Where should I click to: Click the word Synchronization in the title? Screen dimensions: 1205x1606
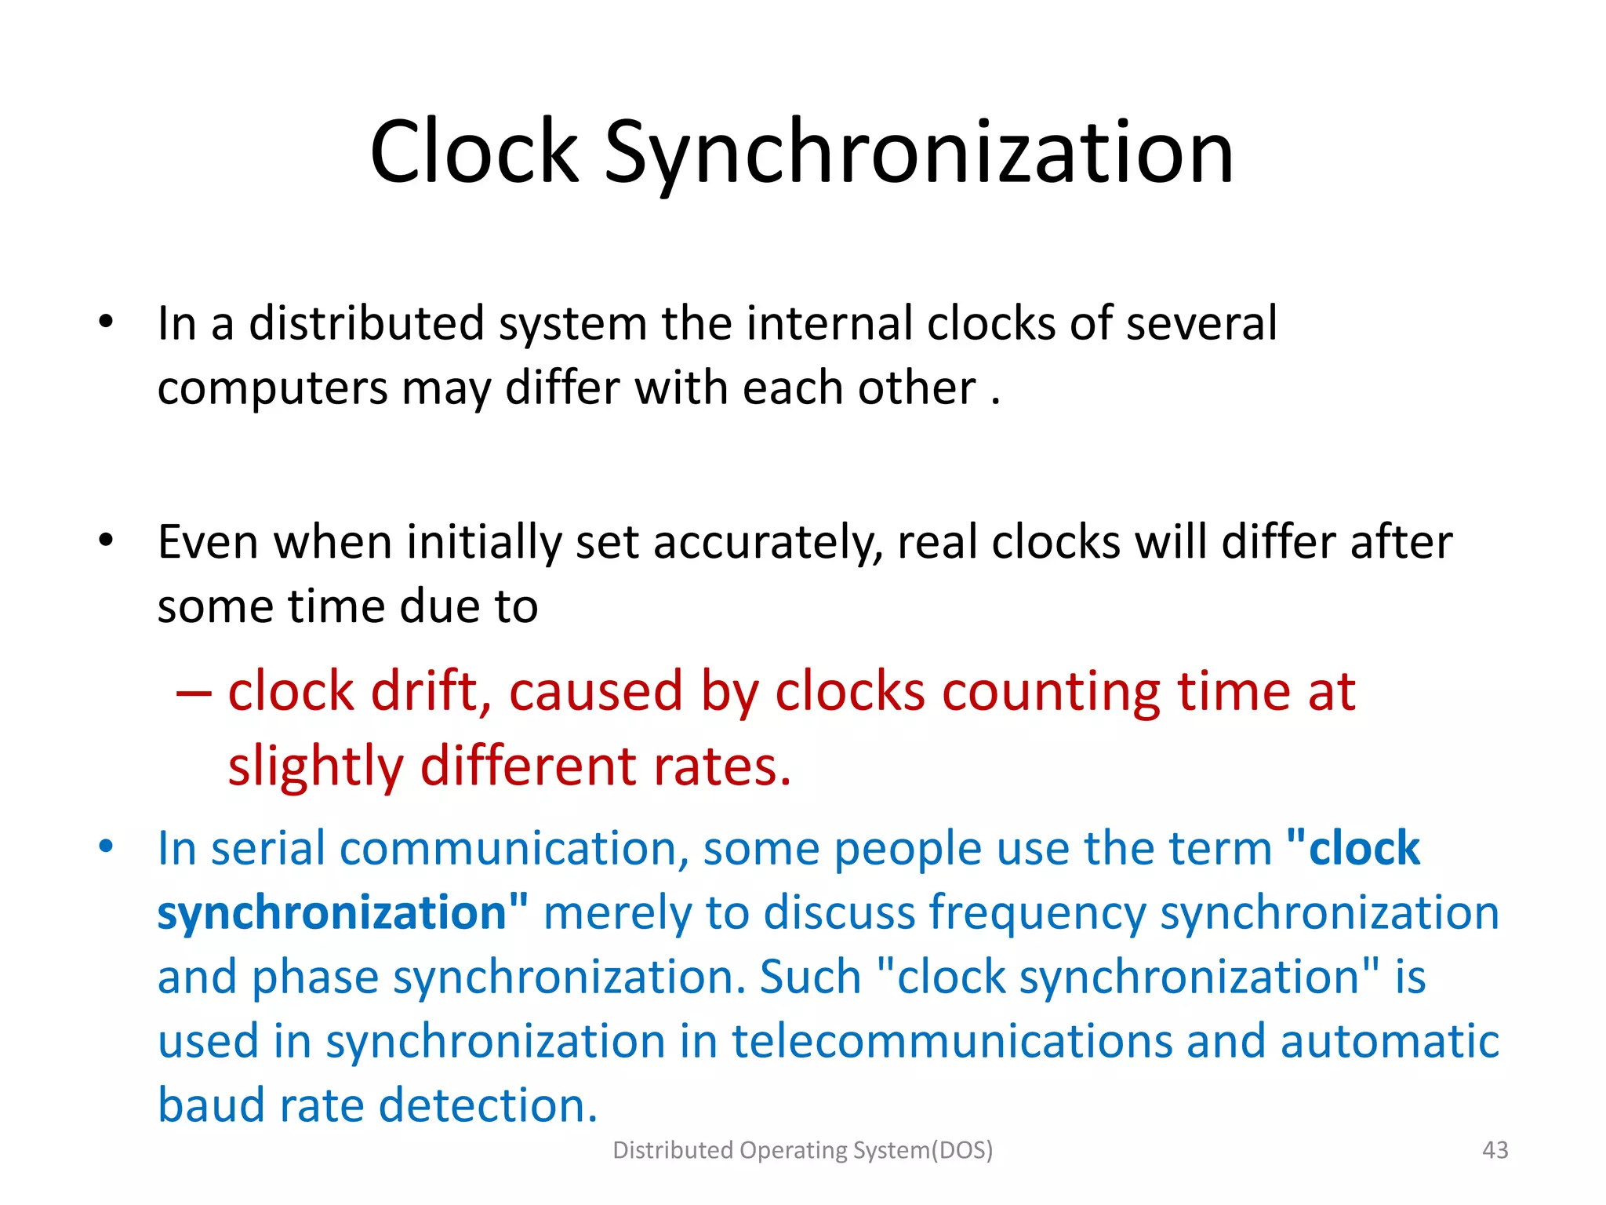918,153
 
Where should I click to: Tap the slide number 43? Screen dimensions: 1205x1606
1495,1150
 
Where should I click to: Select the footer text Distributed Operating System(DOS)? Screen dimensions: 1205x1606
802,1150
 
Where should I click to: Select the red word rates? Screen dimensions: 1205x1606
721,767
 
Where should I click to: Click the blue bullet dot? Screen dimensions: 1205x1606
106,846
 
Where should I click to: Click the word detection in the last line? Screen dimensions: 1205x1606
487,1106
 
